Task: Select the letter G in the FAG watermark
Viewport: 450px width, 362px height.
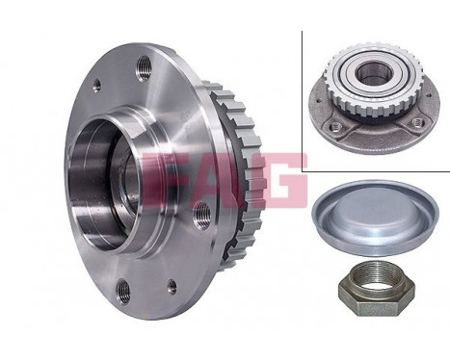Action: coord(280,179)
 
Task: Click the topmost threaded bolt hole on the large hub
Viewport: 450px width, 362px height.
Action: coord(146,66)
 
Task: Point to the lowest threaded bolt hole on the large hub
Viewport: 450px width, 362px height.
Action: coord(122,289)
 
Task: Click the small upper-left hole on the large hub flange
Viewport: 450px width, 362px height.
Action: coord(95,86)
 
